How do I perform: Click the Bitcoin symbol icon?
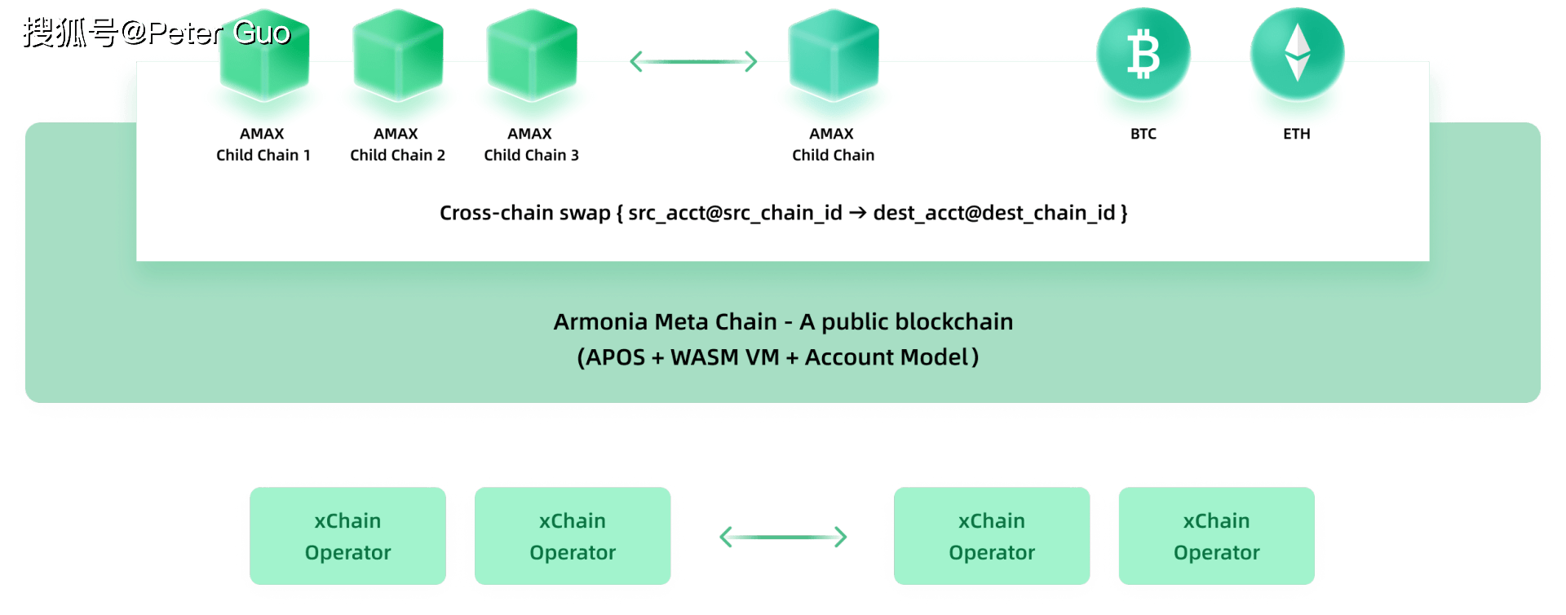[1143, 54]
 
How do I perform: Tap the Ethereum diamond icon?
[1297, 52]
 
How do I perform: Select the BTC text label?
[1143, 134]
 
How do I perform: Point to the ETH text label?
[1296, 134]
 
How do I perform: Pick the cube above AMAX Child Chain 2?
[398, 55]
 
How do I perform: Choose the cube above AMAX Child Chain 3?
[532, 55]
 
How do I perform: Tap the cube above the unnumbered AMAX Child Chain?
[833, 55]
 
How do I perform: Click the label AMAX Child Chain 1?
[263, 144]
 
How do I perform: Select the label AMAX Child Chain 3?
[531, 144]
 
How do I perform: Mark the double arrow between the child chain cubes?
[694, 61]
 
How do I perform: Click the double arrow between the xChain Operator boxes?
[783, 537]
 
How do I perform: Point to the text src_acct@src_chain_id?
[735, 213]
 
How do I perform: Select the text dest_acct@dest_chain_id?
[993, 213]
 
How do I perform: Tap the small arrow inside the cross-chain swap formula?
[857, 213]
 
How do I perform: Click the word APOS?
[615, 357]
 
